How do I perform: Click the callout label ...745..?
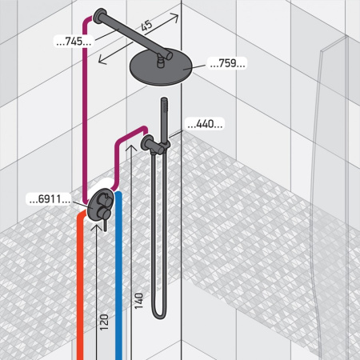point(74,42)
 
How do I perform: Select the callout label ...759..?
point(227,63)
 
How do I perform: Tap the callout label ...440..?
point(205,124)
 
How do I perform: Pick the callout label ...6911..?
point(50,199)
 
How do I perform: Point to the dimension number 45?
point(146,26)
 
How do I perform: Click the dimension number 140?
point(139,301)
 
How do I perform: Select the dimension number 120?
point(104,322)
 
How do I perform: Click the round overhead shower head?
point(161,68)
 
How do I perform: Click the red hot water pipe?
point(80,286)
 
